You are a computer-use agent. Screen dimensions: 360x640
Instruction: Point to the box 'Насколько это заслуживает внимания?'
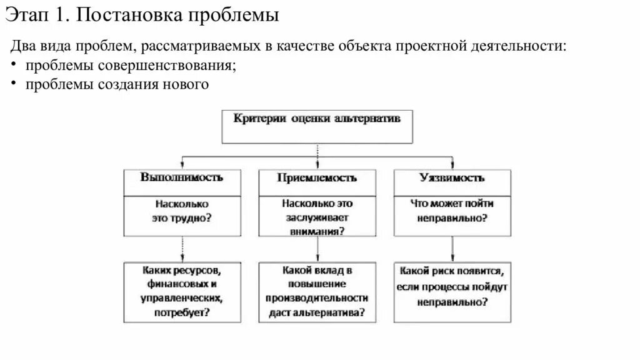[x=317, y=216]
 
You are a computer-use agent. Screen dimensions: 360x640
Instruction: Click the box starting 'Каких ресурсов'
[x=182, y=291]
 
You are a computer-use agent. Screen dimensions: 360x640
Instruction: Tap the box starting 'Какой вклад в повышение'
[x=317, y=291]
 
